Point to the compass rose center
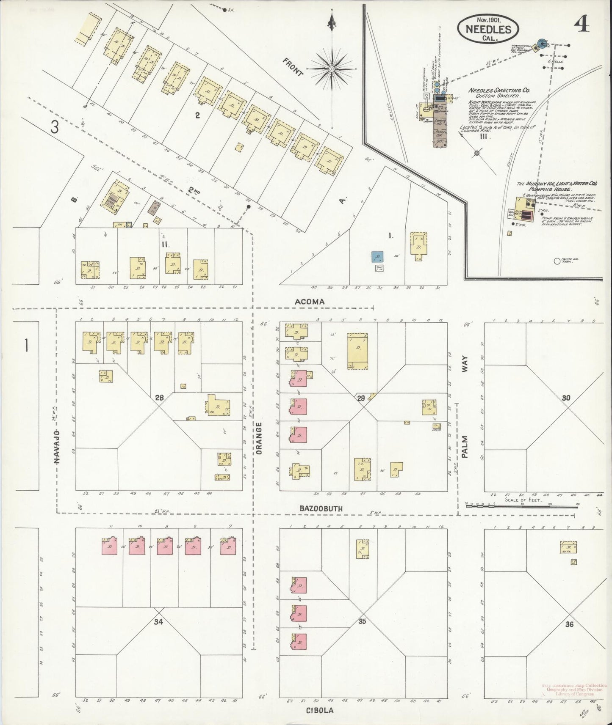coord(332,69)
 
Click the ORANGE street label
coord(259,438)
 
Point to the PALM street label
coord(465,447)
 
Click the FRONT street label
coord(293,67)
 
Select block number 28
coord(159,397)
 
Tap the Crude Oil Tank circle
coord(557,261)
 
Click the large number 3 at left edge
coord(54,127)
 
